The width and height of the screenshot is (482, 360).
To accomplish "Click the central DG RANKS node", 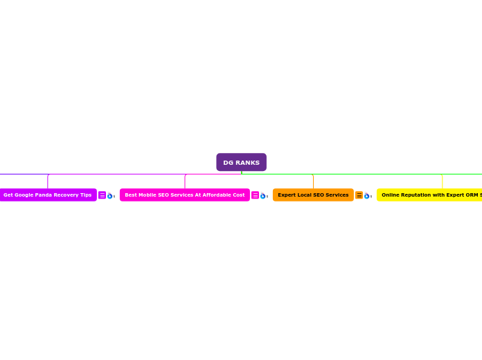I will click(x=241, y=162).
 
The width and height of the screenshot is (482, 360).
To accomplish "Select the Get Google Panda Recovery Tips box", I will click(x=47, y=195).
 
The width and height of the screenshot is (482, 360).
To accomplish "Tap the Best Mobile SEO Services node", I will click(x=184, y=195).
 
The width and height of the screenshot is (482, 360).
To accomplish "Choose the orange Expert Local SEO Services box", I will click(x=313, y=195).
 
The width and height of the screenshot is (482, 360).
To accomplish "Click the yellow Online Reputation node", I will click(x=429, y=195).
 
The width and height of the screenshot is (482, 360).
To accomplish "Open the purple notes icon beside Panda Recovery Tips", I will click(x=102, y=195).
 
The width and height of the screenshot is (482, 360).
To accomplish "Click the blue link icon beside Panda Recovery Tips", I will click(x=109, y=196).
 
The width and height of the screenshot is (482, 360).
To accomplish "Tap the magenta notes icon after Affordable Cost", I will click(x=255, y=195).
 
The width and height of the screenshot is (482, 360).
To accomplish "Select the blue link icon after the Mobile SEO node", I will click(x=263, y=196).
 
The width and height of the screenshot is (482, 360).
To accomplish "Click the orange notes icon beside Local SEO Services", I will click(x=359, y=195).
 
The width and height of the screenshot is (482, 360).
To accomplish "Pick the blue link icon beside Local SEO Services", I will click(x=367, y=196).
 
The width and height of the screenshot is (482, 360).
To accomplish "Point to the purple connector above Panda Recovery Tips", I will click(x=48, y=181).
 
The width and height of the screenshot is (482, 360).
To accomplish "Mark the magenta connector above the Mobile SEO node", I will click(x=185, y=181).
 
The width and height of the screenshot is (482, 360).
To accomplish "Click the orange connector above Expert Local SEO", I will click(x=313, y=181).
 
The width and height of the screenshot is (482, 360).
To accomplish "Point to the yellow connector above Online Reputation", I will click(x=442, y=181).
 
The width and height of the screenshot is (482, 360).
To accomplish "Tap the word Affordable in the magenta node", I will click(x=215, y=195).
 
